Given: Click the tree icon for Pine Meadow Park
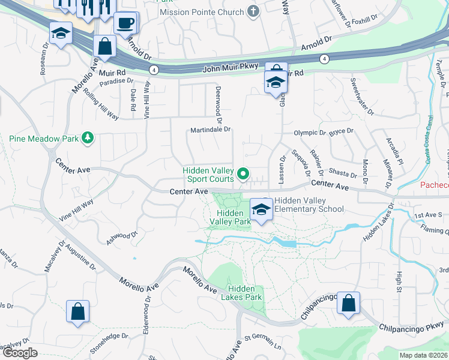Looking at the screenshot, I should [x=88, y=139].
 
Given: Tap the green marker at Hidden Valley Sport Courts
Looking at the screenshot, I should [x=243, y=175].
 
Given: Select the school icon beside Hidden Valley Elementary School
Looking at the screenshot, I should [x=261, y=209].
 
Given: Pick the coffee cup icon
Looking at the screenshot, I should [x=125, y=23].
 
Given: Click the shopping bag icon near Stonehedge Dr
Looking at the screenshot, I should [x=78, y=311].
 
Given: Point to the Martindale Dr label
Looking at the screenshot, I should [x=210, y=129].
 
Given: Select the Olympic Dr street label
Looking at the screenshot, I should [x=309, y=133].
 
